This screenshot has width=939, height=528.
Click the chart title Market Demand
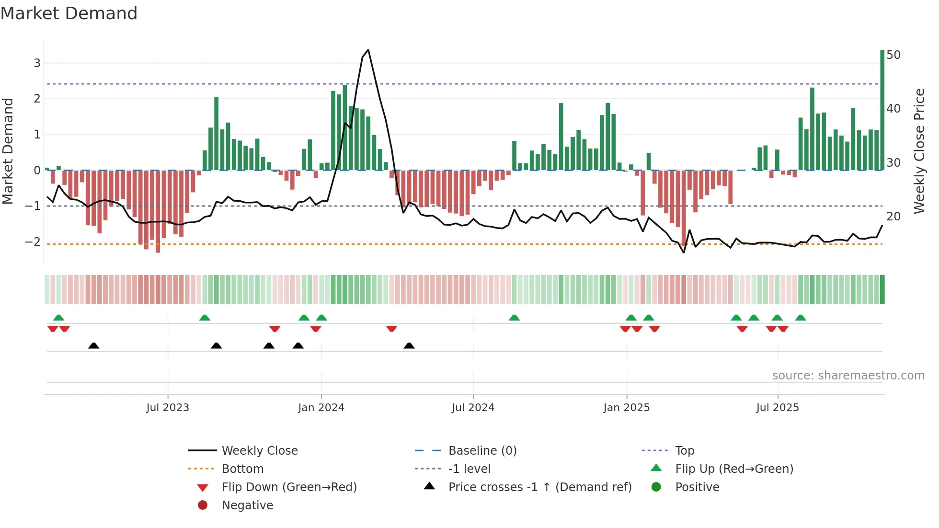(x=69, y=13)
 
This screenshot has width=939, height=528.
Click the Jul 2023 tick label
(x=168, y=408)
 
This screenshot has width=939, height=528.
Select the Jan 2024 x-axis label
(x=321, y=408)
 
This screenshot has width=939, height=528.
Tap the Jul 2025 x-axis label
(x=778, y=408)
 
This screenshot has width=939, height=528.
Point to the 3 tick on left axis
(x=37, y=63)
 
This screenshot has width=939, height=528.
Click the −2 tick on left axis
(x=33, y=241)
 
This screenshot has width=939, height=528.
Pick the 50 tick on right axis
(x=893, y=55)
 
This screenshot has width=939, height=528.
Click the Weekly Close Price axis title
(x=919, y=151)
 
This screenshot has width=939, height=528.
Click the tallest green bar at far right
(x=882, y=110)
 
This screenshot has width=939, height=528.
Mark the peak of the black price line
(x=368, y=50)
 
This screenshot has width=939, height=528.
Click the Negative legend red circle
(x=203, y=505)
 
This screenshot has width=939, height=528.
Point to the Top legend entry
(x=685, y=450)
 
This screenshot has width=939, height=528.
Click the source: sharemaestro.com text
(x=848, y=376)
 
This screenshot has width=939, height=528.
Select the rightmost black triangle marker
(x=409, y=345)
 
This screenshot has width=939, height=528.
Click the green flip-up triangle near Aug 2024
(x=514, y=318)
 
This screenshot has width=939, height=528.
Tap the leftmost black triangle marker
(x=94, y=345)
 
